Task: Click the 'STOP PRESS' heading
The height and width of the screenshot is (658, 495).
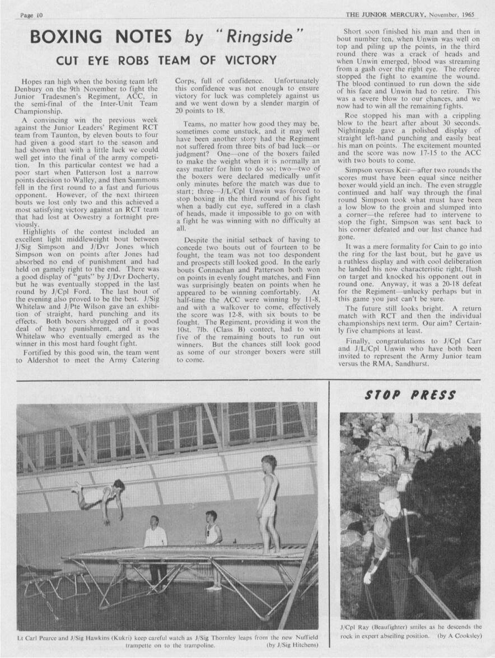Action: tap(410, 396)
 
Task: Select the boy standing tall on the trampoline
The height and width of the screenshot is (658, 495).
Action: tap(269, 498)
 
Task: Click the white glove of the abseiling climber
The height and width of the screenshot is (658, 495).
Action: tap(368, 576)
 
